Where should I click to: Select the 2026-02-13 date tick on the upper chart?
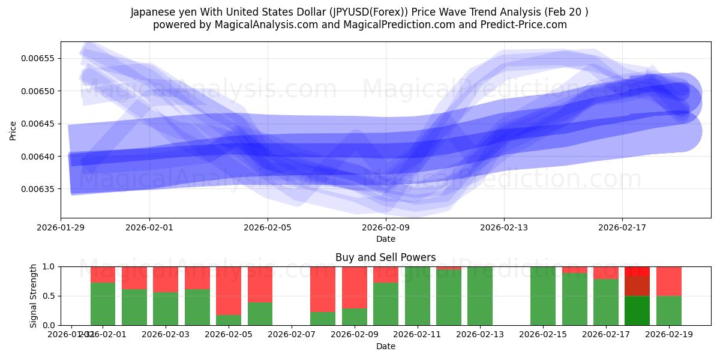click(x=503, y=227)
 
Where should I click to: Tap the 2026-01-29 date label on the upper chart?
click(x=61, y=227)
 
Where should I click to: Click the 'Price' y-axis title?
click(x=13, y=130)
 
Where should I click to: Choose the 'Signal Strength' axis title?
click(x=34, y=296)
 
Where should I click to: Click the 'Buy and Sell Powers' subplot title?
click(x=385, y=257)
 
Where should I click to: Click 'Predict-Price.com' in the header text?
click(x=525, y=25)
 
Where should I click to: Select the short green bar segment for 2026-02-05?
click(x=229, y=320)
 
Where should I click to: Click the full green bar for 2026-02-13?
click(x=480, y=296)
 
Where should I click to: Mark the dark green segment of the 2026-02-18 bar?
click(x=637, y=310)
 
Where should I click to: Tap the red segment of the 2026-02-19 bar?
click(x=668, y=281)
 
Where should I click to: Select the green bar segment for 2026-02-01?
click(x=103, y=304)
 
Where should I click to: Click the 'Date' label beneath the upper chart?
click(x=385, y=239)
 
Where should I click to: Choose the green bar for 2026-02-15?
click(x=543, y=296)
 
